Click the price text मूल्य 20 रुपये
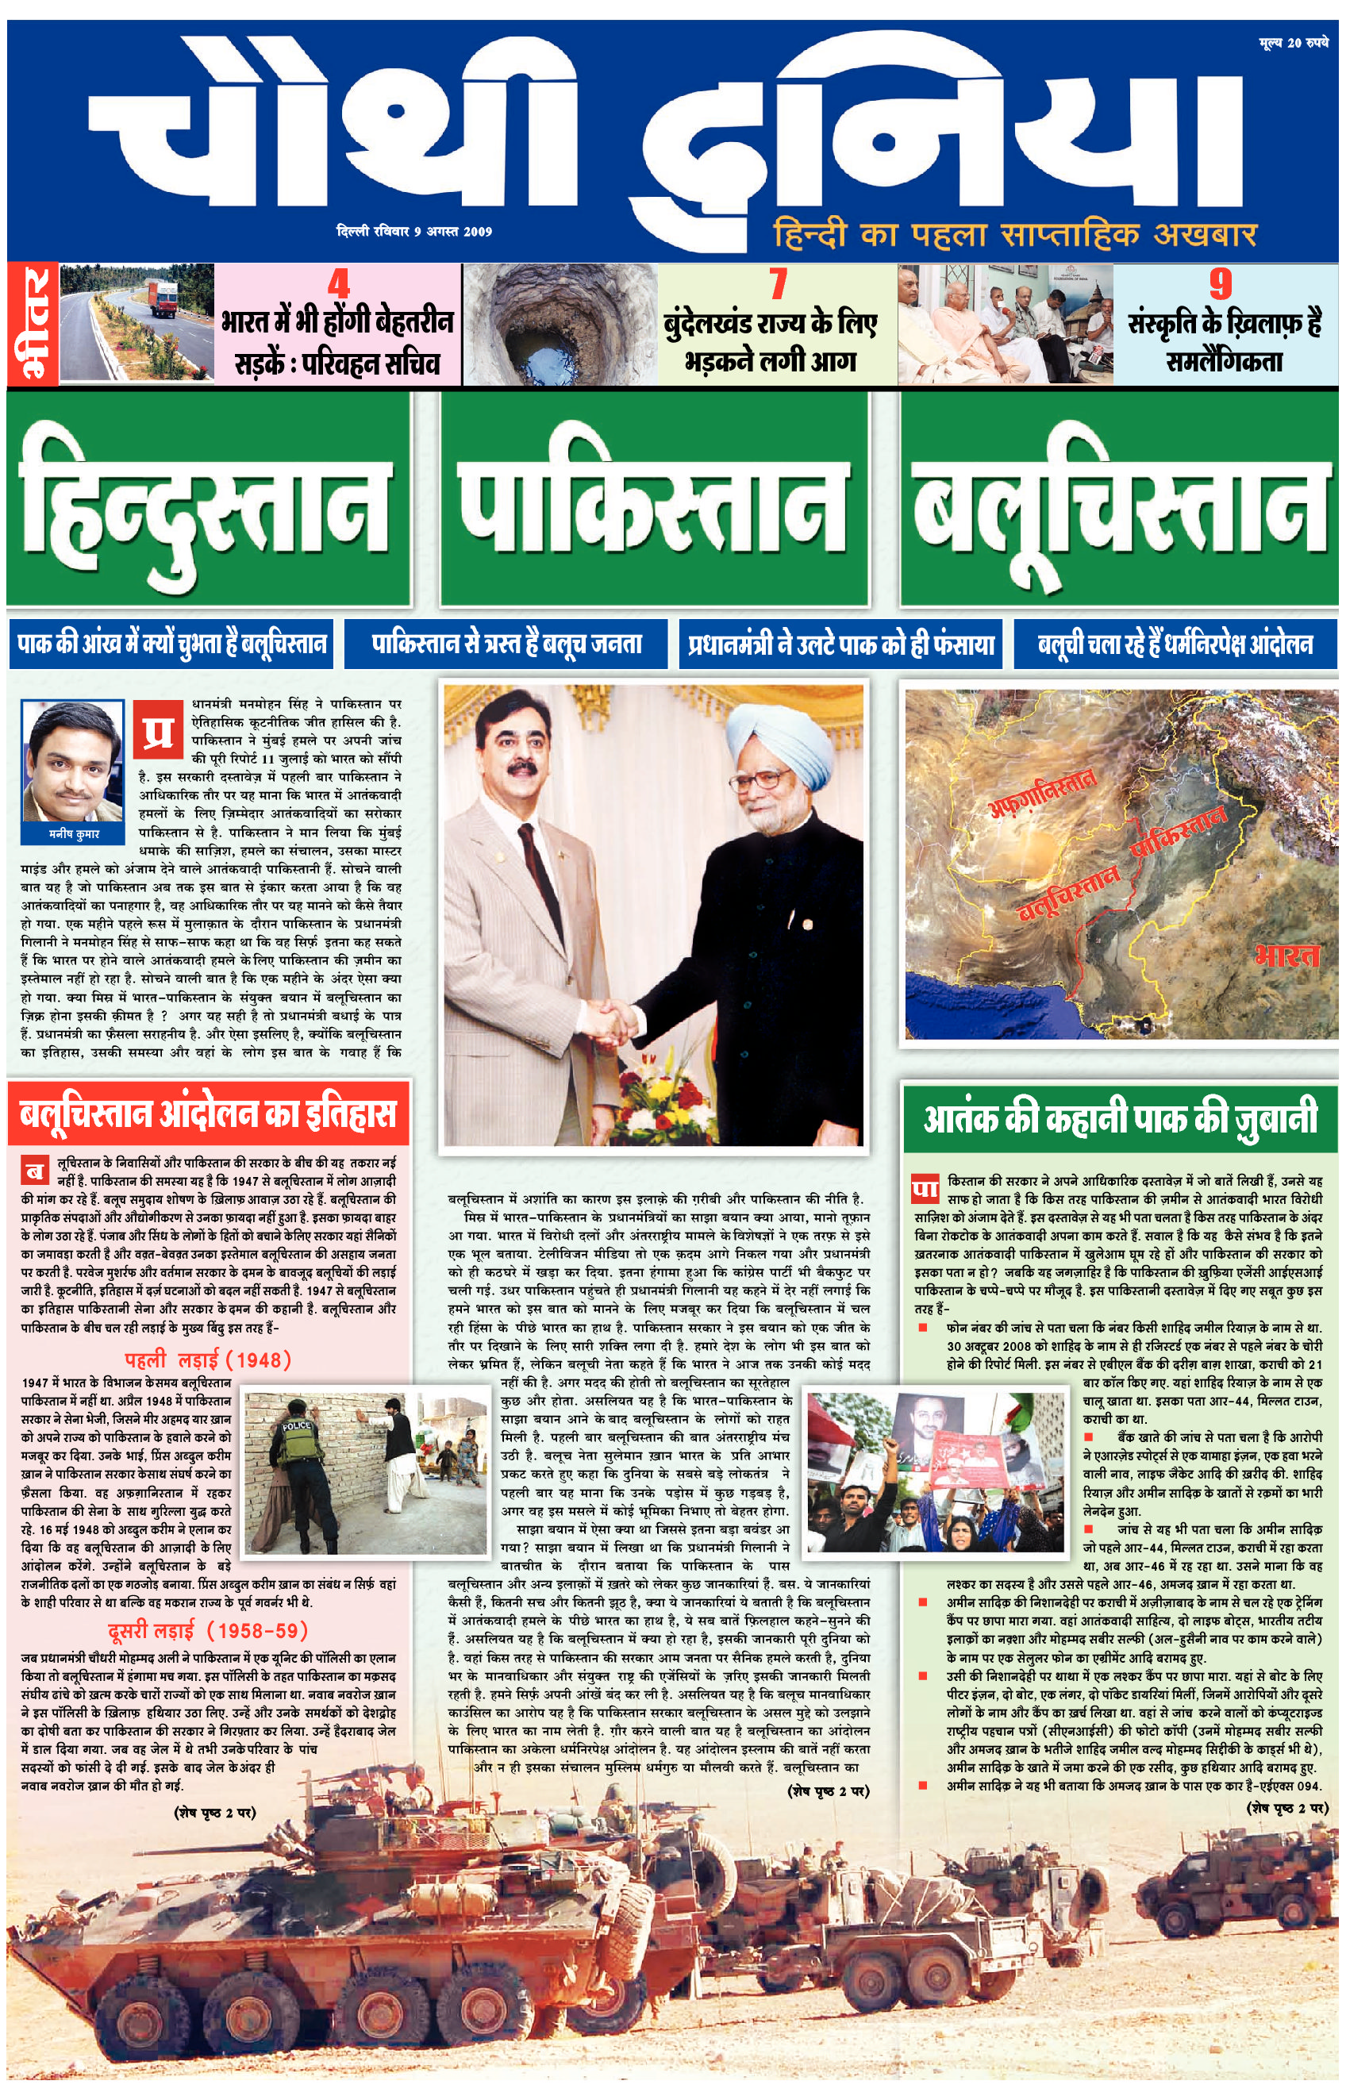(1293, 42)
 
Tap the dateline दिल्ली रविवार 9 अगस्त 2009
(414, 232)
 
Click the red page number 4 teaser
(337, 284)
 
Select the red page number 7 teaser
(777, 284)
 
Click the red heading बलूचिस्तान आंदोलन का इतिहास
(208, 1114)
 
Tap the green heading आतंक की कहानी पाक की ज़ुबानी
(1120, 1117)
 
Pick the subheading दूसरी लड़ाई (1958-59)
(208, 1629)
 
